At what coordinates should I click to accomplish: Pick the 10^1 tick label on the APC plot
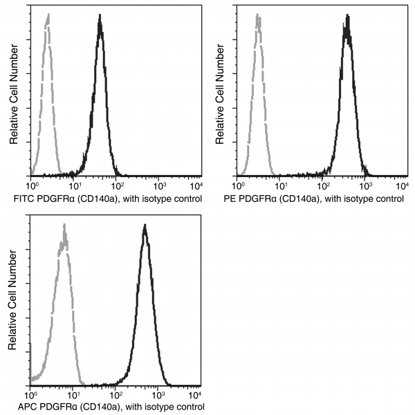coord(74,394)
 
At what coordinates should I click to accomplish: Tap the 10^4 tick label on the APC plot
coord(196,394)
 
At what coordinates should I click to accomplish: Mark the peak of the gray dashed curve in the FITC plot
coord(48,17)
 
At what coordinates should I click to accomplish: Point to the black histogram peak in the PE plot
coord(347,19)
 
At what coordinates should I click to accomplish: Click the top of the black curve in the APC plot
coord(145,225)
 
